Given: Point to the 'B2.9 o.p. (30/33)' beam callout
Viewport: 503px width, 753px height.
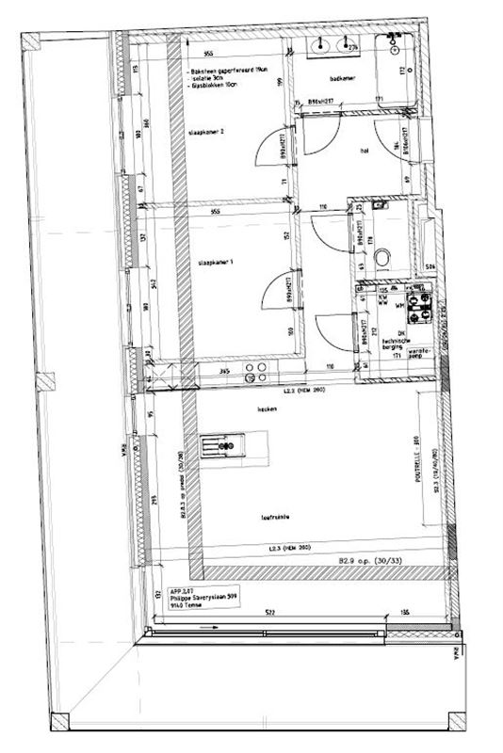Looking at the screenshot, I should coord(373,562).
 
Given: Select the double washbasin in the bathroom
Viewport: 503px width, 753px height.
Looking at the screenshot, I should coord(329,44).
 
